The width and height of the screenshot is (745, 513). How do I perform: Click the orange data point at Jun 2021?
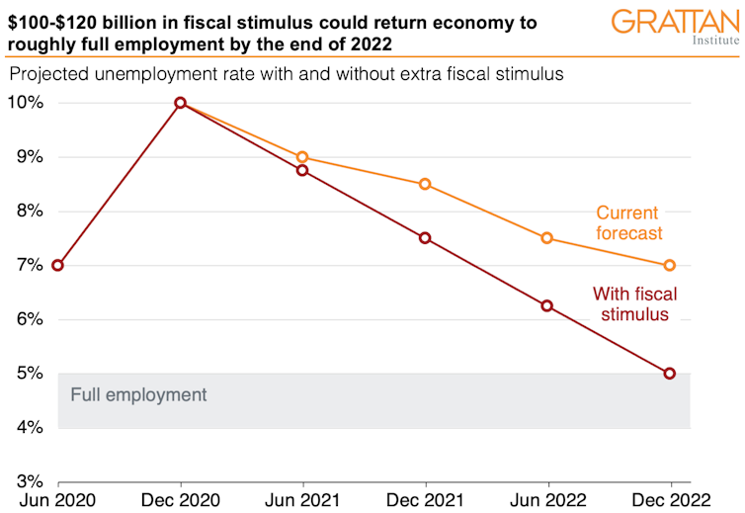click(x=302, y=157)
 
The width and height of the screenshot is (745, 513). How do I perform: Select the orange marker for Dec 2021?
click(x=425, y=184)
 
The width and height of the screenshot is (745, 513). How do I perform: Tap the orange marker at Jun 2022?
click(x=547, y=238)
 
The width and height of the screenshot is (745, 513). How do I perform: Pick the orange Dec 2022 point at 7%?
click(x=670, y=265)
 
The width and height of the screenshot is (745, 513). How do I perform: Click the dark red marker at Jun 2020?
click(x=57, y=265)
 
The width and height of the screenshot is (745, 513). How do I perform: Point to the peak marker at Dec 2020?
click(x=180, y=103)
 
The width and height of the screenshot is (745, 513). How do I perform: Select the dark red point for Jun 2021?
click(x=302, y=171)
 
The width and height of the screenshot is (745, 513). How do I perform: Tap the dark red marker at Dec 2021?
click(x=425, y=238)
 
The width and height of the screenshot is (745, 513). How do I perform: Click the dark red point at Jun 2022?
click(x=547, y=305)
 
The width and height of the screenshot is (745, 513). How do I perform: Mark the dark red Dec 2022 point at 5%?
click(x=670, y=374)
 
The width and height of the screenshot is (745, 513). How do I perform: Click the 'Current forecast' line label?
click(x=628, y=223)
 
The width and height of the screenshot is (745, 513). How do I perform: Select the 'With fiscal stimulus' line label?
click(x=631, y=303)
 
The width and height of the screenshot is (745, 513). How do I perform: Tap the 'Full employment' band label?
click(x=139, y=395)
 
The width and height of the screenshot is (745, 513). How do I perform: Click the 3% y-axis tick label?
click(x=28, y=482)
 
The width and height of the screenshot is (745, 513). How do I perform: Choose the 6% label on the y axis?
click(x=28, y=319)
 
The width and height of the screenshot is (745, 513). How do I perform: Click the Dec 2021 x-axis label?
click(x=425, y=499)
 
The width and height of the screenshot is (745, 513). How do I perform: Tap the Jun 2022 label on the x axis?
click(x=547, y=499)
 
